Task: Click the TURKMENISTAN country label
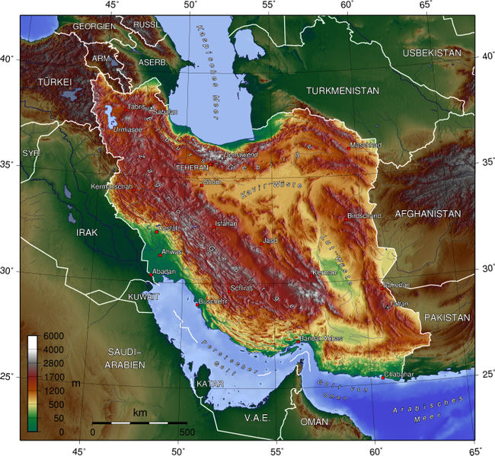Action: [x=342, y=91]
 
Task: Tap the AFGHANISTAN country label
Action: [x=427, y=214]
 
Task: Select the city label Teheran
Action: [x=191, y=167]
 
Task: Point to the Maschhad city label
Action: [x=363, y=145]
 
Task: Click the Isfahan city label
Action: [x=226, y=224]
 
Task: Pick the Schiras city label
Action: [x=242, y=289]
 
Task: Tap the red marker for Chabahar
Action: [x=382, y=376]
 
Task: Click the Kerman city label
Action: [x=324, y=272]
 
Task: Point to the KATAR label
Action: [x=210, y=384]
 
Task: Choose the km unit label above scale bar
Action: [x=140, y=413]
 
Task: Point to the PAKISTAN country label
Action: [x=449, y=316]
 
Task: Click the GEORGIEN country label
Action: [x=94, y=26]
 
